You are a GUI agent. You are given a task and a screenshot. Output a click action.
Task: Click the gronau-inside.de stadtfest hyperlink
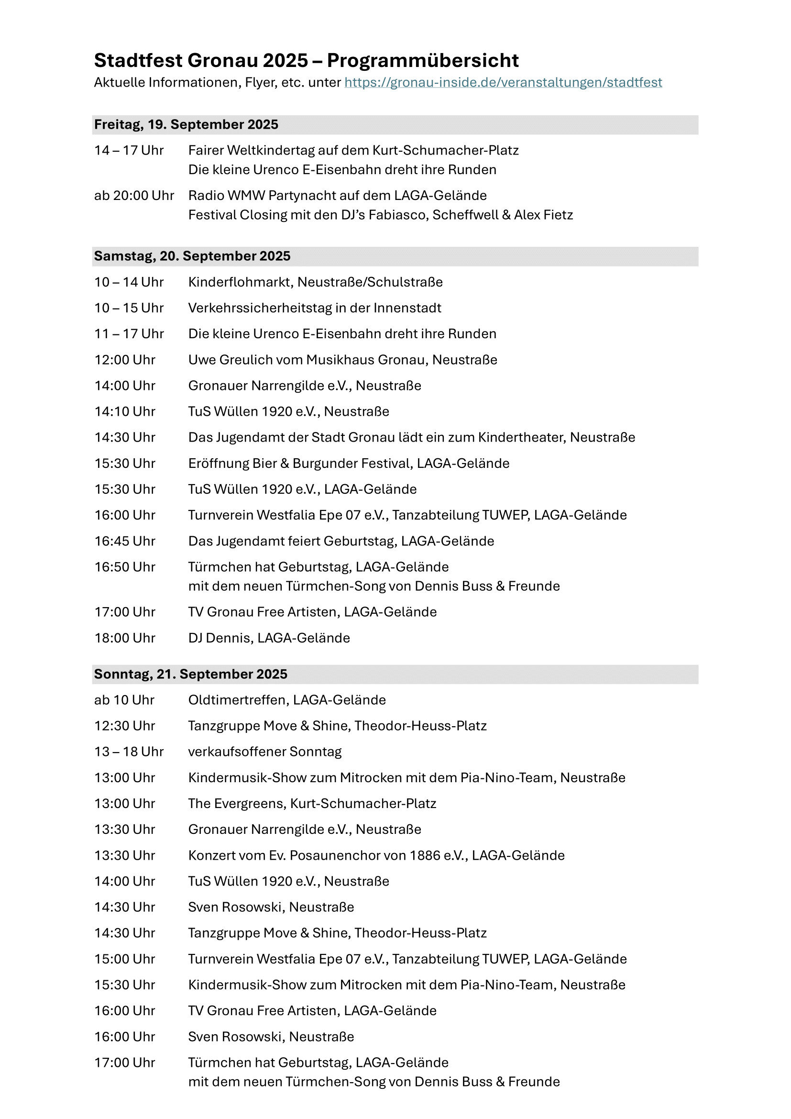[503, 82]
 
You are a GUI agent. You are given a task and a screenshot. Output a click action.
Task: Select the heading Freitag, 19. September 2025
[186, 125]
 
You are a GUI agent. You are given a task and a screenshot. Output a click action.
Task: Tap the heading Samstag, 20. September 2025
[192, 256]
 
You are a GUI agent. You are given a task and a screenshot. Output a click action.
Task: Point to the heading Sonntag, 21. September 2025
[190, 674]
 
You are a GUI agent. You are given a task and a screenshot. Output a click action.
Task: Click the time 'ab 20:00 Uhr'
[134, 196]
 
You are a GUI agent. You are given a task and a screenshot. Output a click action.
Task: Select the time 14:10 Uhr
[125, 412]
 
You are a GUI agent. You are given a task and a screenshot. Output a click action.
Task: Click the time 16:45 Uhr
[125, 541]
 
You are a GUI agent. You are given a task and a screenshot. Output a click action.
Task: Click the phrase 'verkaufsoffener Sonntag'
[265, 752]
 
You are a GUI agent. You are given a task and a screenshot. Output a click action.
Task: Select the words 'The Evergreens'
[236, 803]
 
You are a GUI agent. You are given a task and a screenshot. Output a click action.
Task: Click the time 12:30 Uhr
[125, 726]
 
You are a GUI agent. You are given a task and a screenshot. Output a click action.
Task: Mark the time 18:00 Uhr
[125, 638]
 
